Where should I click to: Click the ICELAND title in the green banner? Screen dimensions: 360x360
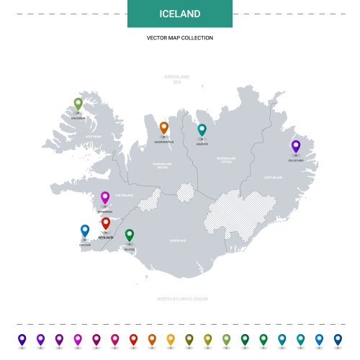point(179,14)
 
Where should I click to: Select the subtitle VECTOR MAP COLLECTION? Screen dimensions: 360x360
point(179,37)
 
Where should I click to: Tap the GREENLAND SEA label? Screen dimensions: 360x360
point(176,78)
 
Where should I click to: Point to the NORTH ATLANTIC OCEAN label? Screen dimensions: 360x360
point(182,298)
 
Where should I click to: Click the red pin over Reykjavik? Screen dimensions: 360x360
point(106,223)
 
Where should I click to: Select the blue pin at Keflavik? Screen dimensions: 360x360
point(85,230)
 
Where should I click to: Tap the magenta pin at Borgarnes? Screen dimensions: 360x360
point(105,197)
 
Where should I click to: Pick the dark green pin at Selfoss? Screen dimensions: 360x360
point(130,235)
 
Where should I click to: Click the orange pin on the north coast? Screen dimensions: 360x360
point(164,127)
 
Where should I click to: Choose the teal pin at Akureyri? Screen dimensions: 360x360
point(202,129)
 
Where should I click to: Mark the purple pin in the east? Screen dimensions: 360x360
point(295,145)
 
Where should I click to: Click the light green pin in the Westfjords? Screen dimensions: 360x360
point(78,104)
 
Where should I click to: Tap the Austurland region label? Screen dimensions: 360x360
point(273,176)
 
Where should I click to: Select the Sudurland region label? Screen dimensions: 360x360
point(177,240)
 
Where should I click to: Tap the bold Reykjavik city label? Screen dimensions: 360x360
point(106,236)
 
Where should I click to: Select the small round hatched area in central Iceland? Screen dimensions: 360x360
point(186,192)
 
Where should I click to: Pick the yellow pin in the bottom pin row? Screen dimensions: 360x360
point(171,338)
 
